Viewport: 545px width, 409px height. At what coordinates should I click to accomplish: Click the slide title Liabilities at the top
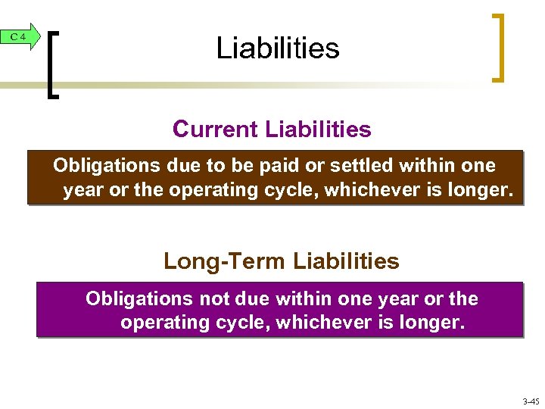coord(278,48)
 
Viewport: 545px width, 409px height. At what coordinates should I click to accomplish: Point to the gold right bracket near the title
coord(499,47)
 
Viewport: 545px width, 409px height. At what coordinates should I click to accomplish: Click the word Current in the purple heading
coord(216,130)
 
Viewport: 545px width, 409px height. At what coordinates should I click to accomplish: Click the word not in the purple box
coord(213,299)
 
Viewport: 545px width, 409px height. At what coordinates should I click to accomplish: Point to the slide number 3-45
coord(531,401)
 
